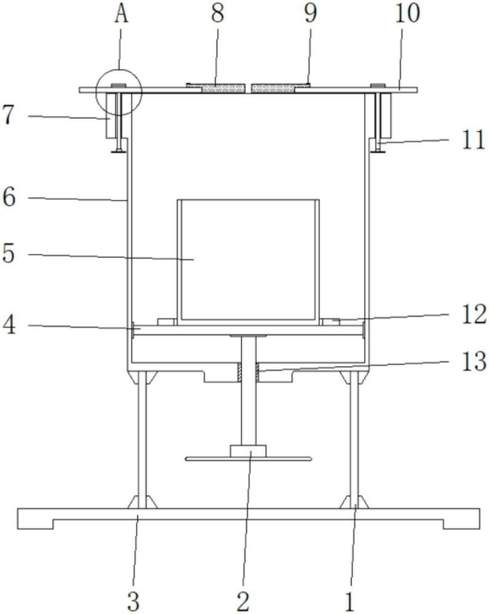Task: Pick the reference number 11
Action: [473, 140]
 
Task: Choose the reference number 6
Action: [9, 197]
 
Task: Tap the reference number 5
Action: [9, 254]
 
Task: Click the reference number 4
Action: [9, 325]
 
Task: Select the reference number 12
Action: [474, 314]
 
